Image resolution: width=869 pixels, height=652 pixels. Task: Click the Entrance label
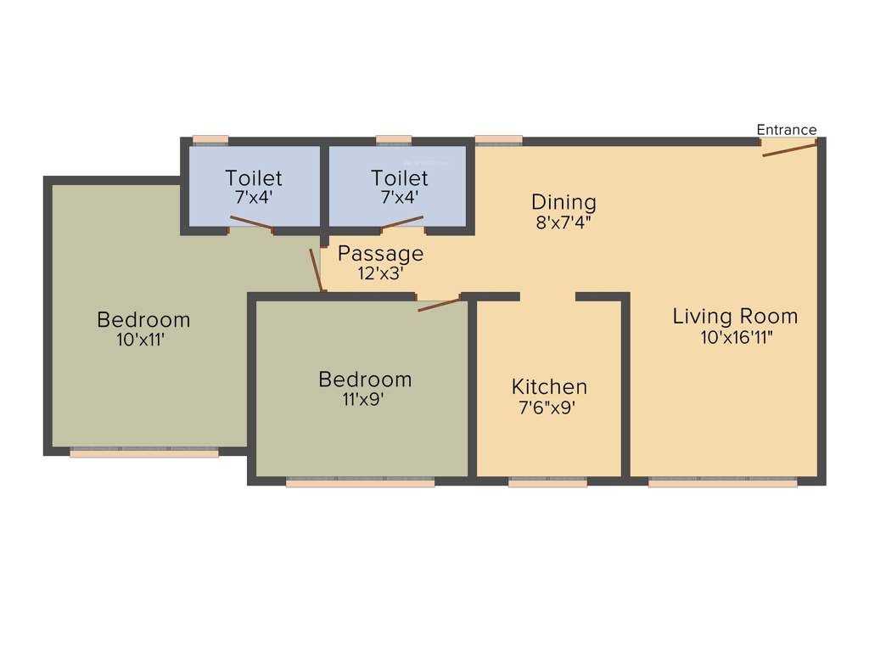787,130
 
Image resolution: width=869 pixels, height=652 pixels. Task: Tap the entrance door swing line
790,150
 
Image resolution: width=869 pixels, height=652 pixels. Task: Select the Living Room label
735,317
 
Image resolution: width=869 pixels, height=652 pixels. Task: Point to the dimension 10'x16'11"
735,337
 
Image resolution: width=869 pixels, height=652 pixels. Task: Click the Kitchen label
549,387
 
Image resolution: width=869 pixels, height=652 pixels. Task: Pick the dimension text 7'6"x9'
548,407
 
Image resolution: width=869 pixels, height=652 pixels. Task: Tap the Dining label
563,202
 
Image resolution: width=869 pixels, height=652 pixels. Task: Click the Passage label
380,253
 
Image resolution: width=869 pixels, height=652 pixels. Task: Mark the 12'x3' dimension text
380,273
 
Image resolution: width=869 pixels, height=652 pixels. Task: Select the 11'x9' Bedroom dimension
365,399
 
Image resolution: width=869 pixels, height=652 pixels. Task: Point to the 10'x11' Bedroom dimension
143,340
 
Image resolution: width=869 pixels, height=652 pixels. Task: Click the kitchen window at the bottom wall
547,482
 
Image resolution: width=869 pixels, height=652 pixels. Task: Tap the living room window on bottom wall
723,482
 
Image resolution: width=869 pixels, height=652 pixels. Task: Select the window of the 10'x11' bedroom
144,452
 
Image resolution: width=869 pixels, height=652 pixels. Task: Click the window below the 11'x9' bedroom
361,482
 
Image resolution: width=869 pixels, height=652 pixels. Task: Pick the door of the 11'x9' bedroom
439,304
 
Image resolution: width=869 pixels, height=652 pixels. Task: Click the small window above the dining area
498,140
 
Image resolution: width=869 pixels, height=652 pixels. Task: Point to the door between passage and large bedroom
317,270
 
